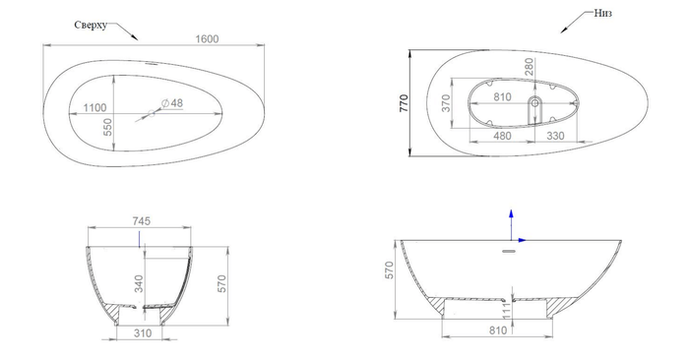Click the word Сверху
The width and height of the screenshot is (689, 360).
point(91,25)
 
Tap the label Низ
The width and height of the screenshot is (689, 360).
point(602,13)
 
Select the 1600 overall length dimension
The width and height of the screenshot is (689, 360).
point(207,39)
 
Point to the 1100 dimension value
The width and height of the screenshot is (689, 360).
point(94,107)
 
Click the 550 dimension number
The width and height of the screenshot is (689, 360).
point(107,127)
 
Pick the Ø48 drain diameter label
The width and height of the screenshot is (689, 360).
point(172,103)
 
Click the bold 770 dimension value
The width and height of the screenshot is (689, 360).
point(404,103)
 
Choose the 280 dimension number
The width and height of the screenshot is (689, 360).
point(530,67)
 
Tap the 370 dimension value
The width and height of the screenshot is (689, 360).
point(446,103)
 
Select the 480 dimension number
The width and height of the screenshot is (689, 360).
point(502,136)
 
